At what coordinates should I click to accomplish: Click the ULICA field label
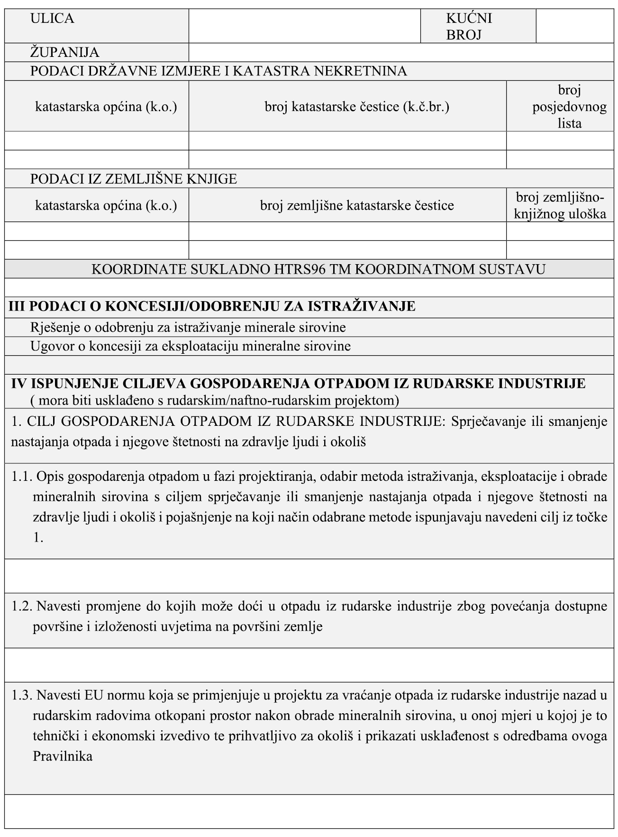pyautogui.click(x=52, y=18)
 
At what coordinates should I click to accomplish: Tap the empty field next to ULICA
pyautogui.click(x=304, y=26)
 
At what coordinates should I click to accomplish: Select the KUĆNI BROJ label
pyautogui.click(x=469, y=26)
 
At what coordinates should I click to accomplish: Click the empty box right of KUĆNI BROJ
pyautogui.click(x=574, y=26)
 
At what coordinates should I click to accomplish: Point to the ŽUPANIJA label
pyautogui.click(x=65, y=52)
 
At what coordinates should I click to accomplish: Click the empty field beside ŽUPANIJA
pyautogui.click(x=400, y=52)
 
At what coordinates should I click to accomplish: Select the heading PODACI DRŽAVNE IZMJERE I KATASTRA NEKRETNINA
pyautogui.click(x=218, y=71)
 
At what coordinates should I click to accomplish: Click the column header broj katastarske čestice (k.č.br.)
pyautogui.click(x=356, y=107)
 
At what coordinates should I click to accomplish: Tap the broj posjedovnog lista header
pyautogui.click(x=569, y=107)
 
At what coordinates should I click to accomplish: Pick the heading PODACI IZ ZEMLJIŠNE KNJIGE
pyautogui.click(x=134, y=179)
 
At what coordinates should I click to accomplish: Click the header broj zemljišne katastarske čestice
pyautogui.click(x=356, y=205)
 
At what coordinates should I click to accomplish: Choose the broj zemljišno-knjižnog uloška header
pyautogui.click(x=560, y=205)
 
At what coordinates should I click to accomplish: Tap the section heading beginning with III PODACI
pyautogui.click(x=212, y=306)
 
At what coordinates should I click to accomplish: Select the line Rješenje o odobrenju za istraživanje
pyautogui.click(x=188, y=327)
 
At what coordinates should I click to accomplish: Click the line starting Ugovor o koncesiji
pyautogui.click(x=191, y=346)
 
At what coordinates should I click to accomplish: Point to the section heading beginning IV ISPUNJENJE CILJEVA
pyautogui.click(x=298, y=383)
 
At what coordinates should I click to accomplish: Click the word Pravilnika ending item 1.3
pyautogui.click(x=63, y=756)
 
